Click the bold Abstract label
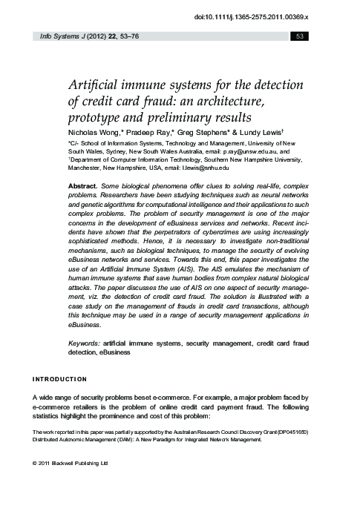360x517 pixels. pos(83,183)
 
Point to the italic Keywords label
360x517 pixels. pos(86,343)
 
